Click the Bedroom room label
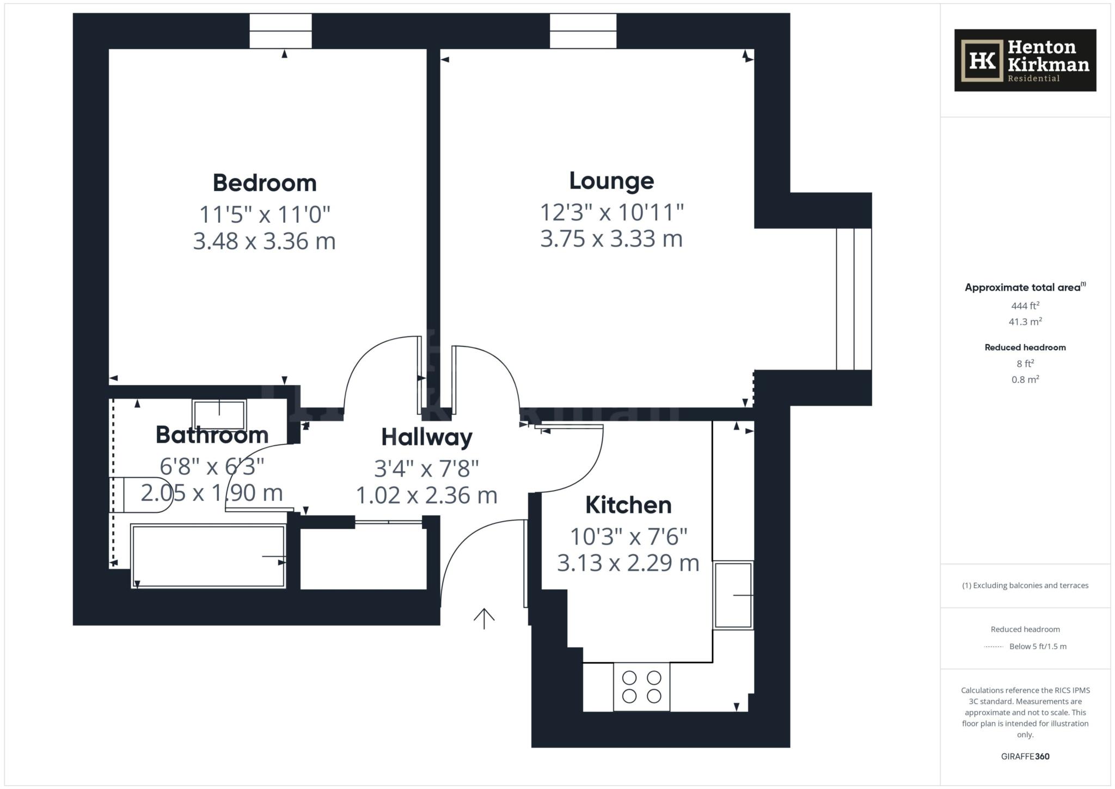click(265, 183)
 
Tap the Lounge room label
click(611, 181)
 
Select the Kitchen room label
click(628, 505)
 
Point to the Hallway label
click(426, 437)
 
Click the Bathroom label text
click(212, 435)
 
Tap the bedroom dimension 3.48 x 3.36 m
click(265, 241)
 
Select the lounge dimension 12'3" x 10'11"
click(611, 212)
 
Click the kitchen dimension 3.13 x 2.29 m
click(628, 563)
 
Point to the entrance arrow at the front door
click(484, 618)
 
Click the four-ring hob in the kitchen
click(641, 687)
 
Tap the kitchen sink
click(733, 595)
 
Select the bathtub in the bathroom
click(208, 556)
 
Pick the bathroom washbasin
click(219, 415)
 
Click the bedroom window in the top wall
click(280, 31)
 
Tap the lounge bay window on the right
click(854, 299)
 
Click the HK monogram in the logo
click(982, 60)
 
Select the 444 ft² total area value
click(1025, 306)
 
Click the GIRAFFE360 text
click(1025, 756)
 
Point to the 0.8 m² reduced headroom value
click(1025, 380)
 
